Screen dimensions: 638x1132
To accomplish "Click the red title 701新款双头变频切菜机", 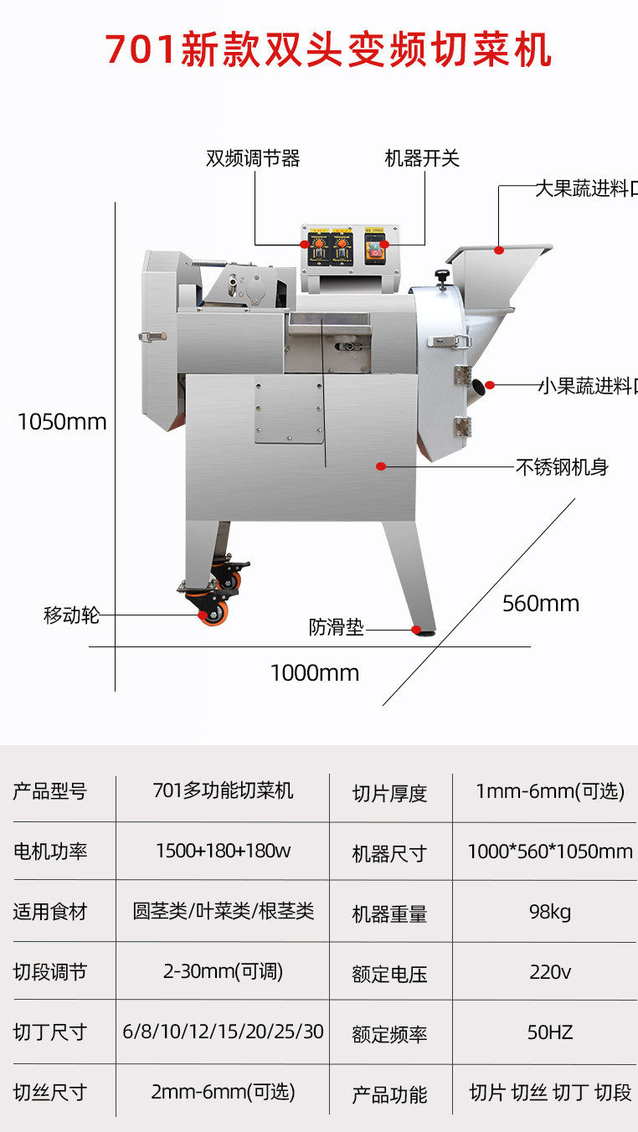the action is click(x=328, y=50).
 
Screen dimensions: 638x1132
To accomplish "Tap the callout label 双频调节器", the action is click(x=253, y=158).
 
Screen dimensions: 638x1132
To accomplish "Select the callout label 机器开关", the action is click(x=422, y=158).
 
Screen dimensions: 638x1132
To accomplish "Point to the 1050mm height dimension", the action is click(x=62, y=421).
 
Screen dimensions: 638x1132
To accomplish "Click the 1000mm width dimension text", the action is click(x=314, y=672).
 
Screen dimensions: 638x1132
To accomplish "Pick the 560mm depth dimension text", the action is click(x=540, y=603).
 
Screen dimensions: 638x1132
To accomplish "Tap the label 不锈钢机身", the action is click(x=562, y=467).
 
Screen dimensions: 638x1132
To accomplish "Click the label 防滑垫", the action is click(x=337, y=627).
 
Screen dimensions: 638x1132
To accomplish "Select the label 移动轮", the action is click(x=71, y=615).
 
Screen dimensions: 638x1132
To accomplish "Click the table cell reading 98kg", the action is click(x=550, y=912).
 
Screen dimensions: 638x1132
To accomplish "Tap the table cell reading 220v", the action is click(x=550, y=972).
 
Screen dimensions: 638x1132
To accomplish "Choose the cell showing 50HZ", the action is click(x=550, y=1032).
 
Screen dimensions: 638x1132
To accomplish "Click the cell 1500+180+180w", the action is click(x=223, y=852).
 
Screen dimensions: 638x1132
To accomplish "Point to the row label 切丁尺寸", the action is click(x=49, y=1032).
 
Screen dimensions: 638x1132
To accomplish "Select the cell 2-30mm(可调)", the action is click(x=223, y=972).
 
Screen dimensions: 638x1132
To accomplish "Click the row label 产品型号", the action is click(x=49, y=791).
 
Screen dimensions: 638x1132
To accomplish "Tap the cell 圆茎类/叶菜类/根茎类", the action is click(x=223, y=912).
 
